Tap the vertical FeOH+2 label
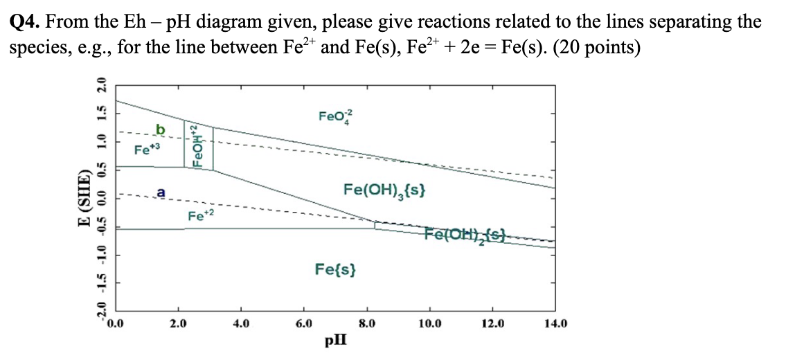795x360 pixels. [198, 146]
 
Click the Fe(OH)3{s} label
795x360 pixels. [384, 190]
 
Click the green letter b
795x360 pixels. [161, 129]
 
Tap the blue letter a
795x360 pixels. [161, 193]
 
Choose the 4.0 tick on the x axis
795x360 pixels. [241, 323]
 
